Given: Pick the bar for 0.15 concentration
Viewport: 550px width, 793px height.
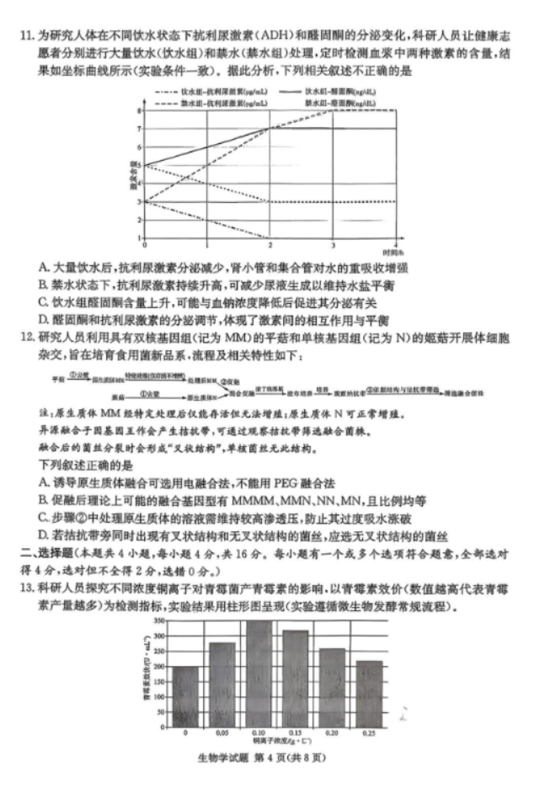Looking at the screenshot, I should (x=296, y=679).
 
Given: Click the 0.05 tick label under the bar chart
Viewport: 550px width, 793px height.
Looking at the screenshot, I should (x=222, y=734).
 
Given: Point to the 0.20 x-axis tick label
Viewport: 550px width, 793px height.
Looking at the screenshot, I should (x=333, y=734).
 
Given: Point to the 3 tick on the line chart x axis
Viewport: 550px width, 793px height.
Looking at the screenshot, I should (x=333, y=245).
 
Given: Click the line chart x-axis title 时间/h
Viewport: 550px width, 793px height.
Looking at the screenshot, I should (x=392, y=252).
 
